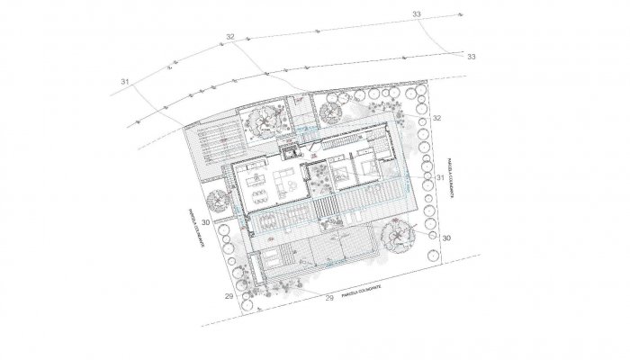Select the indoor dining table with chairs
point(259,190)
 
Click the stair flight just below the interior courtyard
point(327,209)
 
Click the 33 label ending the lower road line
point(472,56)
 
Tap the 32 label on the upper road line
point(230,37)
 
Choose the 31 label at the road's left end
point(124,82)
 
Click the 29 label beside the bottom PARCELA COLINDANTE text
point(328,297)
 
